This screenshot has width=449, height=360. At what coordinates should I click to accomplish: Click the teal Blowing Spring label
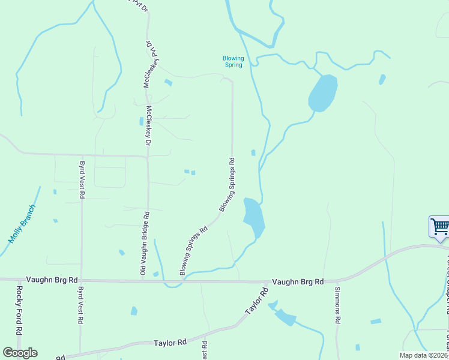tap(232, 61)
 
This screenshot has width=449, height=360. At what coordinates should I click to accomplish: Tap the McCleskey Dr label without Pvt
tap(148, 127)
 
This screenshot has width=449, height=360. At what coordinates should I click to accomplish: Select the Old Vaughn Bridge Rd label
tap(143, 244)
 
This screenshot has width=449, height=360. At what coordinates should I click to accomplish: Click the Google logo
tap(20, 353)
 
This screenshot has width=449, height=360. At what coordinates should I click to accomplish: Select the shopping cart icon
tap(440, 227)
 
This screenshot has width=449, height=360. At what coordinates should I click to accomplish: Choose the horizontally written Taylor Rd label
tap(170, 342)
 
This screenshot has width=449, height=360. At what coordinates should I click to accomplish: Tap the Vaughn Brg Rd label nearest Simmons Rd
tap(298, 281)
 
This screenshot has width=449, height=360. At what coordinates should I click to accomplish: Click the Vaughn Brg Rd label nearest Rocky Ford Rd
tap(53, 280)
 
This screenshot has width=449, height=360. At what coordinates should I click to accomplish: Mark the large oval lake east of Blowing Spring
tap(322, 93)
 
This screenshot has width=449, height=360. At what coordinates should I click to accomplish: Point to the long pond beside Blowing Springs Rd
tap(254, 217)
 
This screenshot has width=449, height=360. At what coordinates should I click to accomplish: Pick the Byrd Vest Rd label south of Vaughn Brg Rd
tap(80, 305)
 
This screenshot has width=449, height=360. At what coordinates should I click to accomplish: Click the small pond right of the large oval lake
tap(382, 79)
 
